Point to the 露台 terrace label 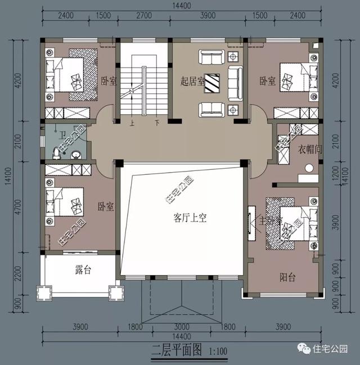pyautogui.click(x=83, y=271)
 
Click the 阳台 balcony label pyautogui.click(x=289, y=277)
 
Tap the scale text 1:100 pyautogui.click(x=218, y=353)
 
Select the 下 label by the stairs pyautogui.click(x=157, y=122)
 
